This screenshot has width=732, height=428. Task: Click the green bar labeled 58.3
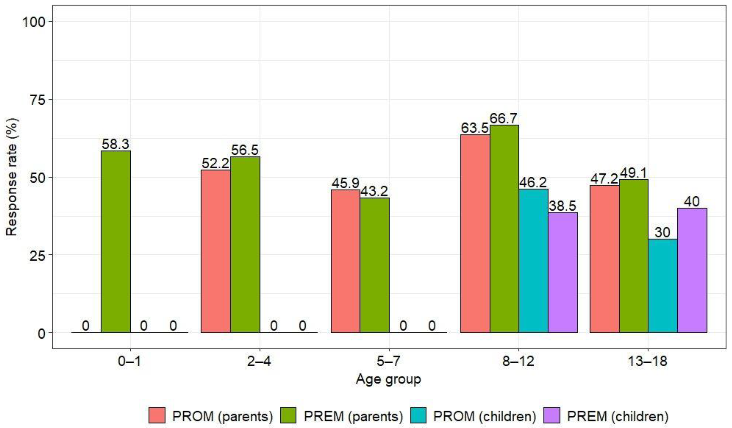116,241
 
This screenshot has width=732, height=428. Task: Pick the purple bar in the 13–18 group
692,270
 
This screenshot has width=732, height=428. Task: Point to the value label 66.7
504,119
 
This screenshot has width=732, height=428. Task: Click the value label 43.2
374,192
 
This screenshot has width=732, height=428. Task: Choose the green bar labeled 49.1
633,256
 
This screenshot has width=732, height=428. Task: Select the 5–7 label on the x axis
389,361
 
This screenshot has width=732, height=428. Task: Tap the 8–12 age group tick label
519,361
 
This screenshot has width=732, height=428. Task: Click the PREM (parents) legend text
353,416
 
